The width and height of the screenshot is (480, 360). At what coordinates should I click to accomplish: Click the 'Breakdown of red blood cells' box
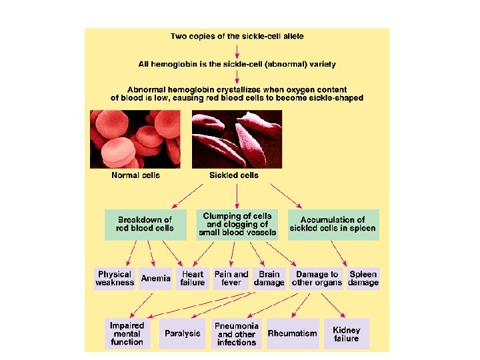[145, 224]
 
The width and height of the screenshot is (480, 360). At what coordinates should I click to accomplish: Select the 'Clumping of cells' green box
[238, 224]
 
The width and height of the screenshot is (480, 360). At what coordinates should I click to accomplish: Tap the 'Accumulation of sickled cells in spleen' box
[333, 224]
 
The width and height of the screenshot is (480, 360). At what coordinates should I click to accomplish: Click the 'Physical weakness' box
[115, 279]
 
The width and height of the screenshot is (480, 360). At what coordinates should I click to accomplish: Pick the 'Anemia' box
[156, 279]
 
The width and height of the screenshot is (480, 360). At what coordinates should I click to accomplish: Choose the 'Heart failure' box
[193, 279]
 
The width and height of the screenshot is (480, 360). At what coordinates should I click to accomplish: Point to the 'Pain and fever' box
[231, 279]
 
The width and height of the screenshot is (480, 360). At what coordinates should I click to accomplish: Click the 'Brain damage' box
[269, 279]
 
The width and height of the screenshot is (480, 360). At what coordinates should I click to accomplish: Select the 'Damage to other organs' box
[317, 279]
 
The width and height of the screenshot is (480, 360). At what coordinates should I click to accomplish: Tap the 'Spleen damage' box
[363, 279]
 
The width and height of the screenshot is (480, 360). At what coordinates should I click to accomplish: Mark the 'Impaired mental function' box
[127, 333]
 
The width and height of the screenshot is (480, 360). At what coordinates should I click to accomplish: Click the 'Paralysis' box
[183, 333]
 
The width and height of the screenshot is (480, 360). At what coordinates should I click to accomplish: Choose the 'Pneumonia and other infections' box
[237, 333]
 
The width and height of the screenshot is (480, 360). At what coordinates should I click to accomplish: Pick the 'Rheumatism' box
[292, 333]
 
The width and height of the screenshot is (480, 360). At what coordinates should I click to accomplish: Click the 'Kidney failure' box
[347, 333]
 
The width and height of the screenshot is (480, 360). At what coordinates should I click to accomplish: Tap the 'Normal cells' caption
[135, 176]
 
